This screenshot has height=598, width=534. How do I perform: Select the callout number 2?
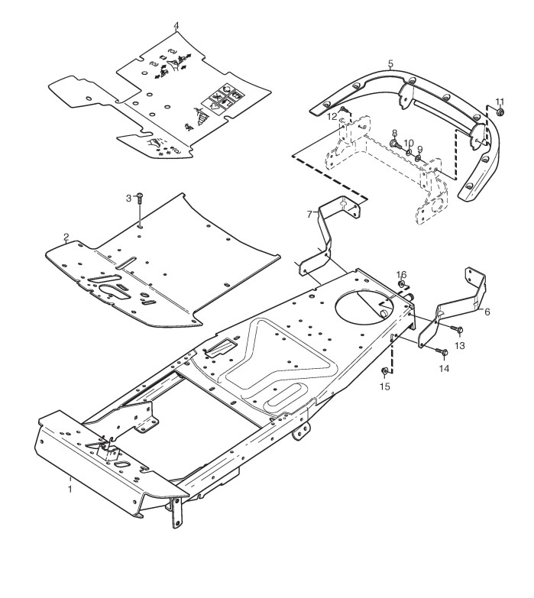[x=66, y=237]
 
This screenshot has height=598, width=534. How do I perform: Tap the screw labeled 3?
[x=141, y=200]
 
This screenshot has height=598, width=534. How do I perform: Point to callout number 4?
[x=176, y=25]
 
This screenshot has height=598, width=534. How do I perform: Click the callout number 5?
[x=390, y=64]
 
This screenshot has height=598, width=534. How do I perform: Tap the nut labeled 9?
[x=419, y=148]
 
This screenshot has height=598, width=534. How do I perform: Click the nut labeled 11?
[x=500, y=113]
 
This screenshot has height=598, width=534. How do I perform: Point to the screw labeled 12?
[x=345, y=112]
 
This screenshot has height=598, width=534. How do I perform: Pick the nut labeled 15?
[x=386, y=373]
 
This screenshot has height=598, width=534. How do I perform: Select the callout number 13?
[x=459, y=346]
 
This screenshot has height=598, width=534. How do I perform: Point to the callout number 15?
[x=385, y=387]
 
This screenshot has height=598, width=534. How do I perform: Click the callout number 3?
[x=129, y=199]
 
